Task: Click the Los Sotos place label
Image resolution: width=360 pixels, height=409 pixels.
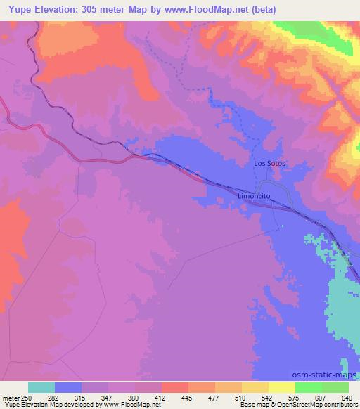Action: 271,163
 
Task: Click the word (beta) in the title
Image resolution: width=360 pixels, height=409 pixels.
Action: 260,10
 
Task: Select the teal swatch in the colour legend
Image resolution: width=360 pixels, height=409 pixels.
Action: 41,387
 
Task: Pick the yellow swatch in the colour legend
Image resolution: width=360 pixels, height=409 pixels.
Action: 282,387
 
